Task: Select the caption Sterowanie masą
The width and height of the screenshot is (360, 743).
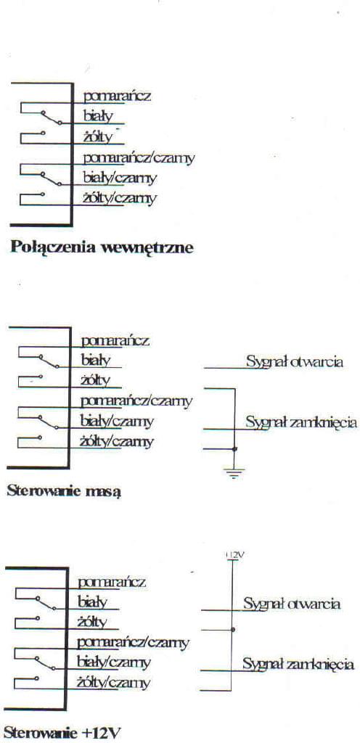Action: [x=64, y=491]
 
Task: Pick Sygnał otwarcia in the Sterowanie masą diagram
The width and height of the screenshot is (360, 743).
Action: [x=294, y=363]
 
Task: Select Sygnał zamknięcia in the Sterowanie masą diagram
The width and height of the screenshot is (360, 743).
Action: [x=300, y=422]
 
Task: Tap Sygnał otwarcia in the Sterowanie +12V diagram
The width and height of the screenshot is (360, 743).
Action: [x=292, y=604]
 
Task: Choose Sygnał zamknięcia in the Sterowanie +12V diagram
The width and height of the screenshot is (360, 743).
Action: [x=298, y=664]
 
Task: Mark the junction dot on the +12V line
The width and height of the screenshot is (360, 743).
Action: [x=232, y=630]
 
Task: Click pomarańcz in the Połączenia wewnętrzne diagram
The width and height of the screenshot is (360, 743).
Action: [x=117, y=97]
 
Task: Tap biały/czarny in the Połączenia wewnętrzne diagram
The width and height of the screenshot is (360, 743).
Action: [x=120, y=178]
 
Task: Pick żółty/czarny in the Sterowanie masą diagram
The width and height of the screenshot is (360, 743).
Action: [x=117, y=442]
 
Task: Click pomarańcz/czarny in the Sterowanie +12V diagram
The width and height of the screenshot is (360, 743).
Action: [x=133, y=643]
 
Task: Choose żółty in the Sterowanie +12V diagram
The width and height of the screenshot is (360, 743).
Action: [x=92, y=622]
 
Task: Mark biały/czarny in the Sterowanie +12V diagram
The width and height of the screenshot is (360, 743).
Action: [x=114, y=662]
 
